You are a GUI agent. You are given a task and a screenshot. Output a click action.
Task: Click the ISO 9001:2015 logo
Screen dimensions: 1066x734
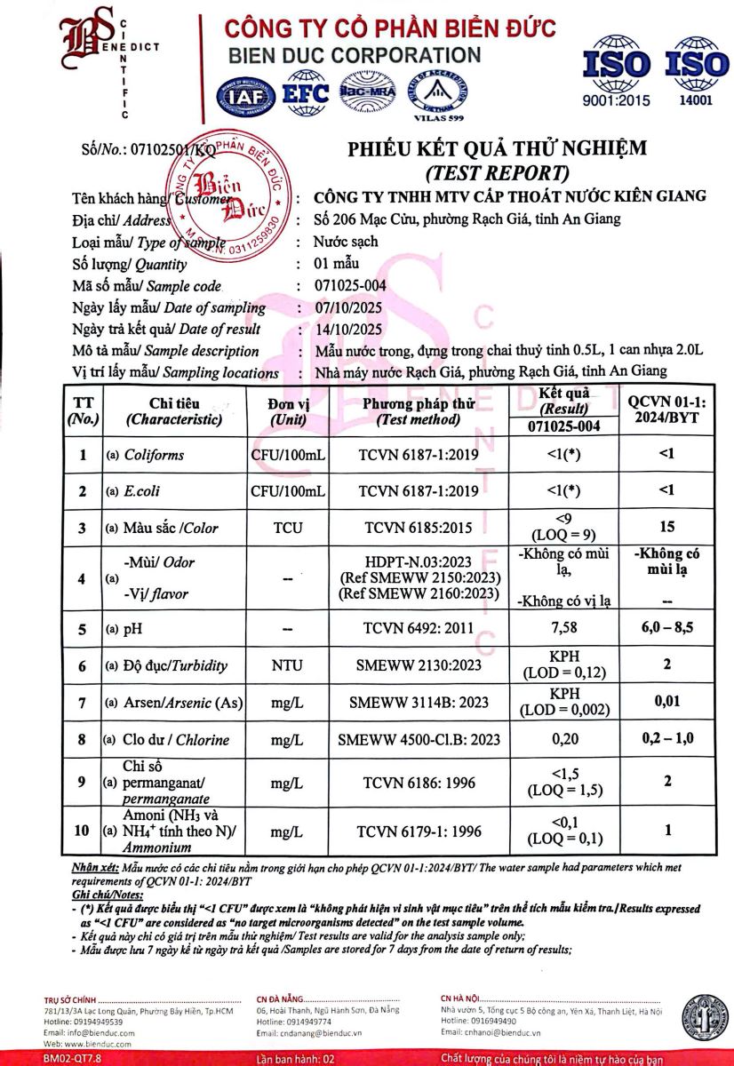point(616,71)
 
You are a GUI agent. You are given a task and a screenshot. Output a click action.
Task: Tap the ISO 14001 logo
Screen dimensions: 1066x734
point(696,71)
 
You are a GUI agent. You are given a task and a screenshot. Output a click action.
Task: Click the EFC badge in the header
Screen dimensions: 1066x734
point(305,93)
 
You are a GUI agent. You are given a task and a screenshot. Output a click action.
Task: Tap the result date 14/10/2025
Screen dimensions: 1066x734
point(349,329)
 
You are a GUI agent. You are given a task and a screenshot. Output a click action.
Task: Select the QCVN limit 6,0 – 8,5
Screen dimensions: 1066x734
point(666,630)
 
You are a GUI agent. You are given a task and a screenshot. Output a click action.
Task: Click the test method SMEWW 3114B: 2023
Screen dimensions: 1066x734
point(419,703)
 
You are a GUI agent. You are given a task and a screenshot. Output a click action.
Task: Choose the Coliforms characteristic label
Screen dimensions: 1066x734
point(154,455)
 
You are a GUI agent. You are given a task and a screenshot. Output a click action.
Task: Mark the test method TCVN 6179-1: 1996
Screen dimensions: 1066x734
point(419,831)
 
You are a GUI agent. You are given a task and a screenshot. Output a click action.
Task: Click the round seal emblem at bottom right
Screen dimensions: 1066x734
point(705,1017)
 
